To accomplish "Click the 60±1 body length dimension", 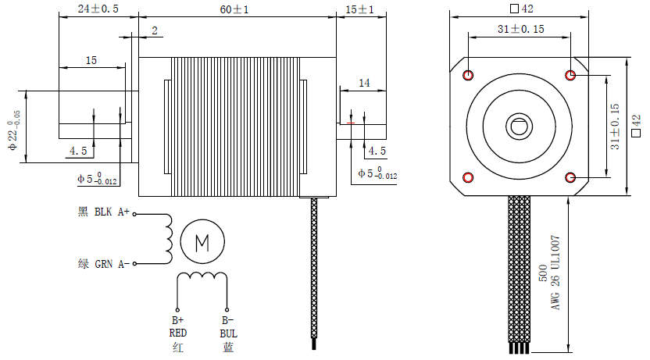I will tap(234, 9).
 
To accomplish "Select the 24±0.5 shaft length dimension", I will tap(98, 9).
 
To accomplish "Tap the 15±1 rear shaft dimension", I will tap(359, 9).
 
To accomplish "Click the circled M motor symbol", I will tap(202, 241).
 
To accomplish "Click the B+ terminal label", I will tap(177, 320).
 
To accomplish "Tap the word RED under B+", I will tap(177, 333).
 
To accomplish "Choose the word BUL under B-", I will tap(227, 333).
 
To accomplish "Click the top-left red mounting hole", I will tap(468, 75).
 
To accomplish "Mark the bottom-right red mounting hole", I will tap(570, 176).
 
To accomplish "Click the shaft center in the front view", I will tap(519, 126).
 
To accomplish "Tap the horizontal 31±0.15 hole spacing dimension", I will tap(519, 28).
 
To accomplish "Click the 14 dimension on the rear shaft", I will tap(364, 83).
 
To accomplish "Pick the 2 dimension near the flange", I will tap(155, 30).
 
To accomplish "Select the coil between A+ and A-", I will tap(166, 238).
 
